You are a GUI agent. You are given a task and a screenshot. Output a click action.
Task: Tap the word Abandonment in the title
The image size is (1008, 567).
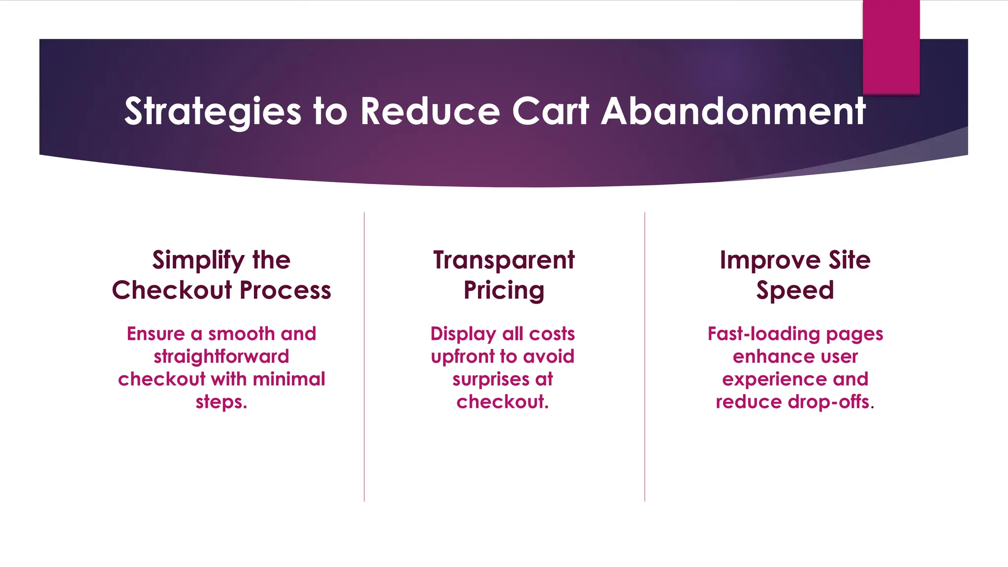(x=733, y=111)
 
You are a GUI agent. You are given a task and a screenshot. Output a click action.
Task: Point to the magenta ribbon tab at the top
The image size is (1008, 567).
(x=891, y=47)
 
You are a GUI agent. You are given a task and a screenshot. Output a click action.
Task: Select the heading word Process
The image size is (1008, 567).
(x=285, y=290)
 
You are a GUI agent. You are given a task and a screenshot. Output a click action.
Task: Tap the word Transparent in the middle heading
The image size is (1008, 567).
(x=504, y=260)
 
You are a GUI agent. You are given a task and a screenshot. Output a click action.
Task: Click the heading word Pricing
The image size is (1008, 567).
(x=504, y=290)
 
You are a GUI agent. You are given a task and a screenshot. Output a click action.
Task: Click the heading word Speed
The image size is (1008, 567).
(x=795, y=290)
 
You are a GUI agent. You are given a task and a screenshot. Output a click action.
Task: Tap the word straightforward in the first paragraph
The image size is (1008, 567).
(x=221, y=356)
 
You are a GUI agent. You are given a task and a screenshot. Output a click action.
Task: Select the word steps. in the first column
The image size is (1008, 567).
(x=221, y=402)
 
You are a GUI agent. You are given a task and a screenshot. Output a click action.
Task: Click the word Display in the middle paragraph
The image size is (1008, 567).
(x=463, y=334)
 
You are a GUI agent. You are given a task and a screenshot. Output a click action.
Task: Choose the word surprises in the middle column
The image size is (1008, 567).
(x=491, y=379)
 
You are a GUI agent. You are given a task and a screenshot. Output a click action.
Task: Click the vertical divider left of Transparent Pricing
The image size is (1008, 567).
(x=364, y=357)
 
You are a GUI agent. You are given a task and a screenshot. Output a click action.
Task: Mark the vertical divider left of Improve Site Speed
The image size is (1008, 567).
(x=645, y=357)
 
